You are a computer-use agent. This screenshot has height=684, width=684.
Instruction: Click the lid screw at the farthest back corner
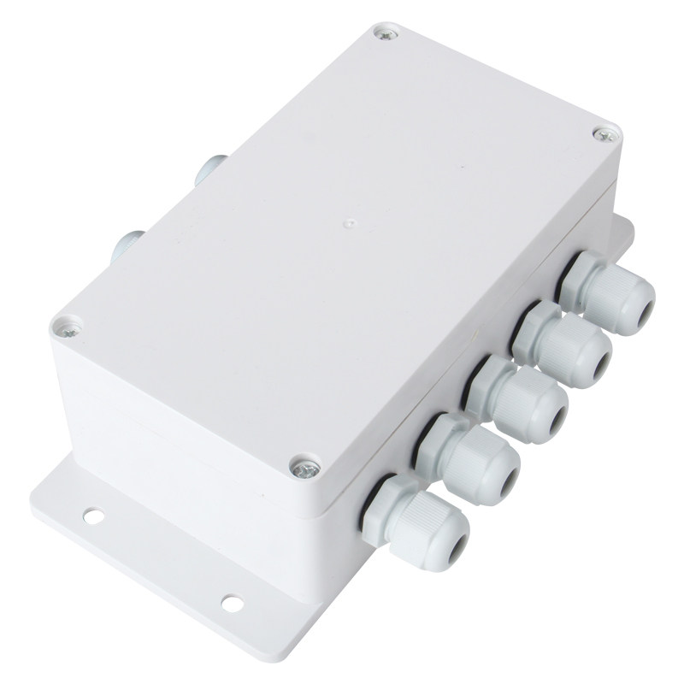point(381,34)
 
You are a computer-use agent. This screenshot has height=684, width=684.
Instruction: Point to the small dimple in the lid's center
point(346,220)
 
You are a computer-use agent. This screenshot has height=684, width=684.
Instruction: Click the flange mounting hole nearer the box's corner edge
point(91,516)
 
